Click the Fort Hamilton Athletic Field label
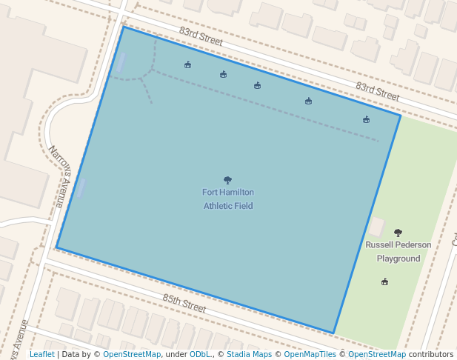tap(228, 199)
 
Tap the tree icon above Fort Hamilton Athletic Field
tap(227, 180)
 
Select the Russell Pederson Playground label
tap(398, 251)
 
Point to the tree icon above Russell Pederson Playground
tap(398, 233)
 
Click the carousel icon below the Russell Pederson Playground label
tap(384, 281)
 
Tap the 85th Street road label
tap(184, 302)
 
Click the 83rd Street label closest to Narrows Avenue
tap(201, 36)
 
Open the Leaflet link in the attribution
tap(41, 355)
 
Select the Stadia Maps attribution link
tap(249, 355)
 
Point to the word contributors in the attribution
tap(431, 355)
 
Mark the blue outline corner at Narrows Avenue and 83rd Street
tap(123, 27)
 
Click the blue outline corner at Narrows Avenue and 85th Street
tap(56, 247)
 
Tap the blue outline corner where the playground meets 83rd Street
tap(400, 116)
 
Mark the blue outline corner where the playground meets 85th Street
tap(333, 333)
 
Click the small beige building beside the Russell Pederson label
tap(377, 227)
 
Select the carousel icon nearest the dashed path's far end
tap(366, 119)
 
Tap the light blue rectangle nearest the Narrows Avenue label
tap(80, 187)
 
